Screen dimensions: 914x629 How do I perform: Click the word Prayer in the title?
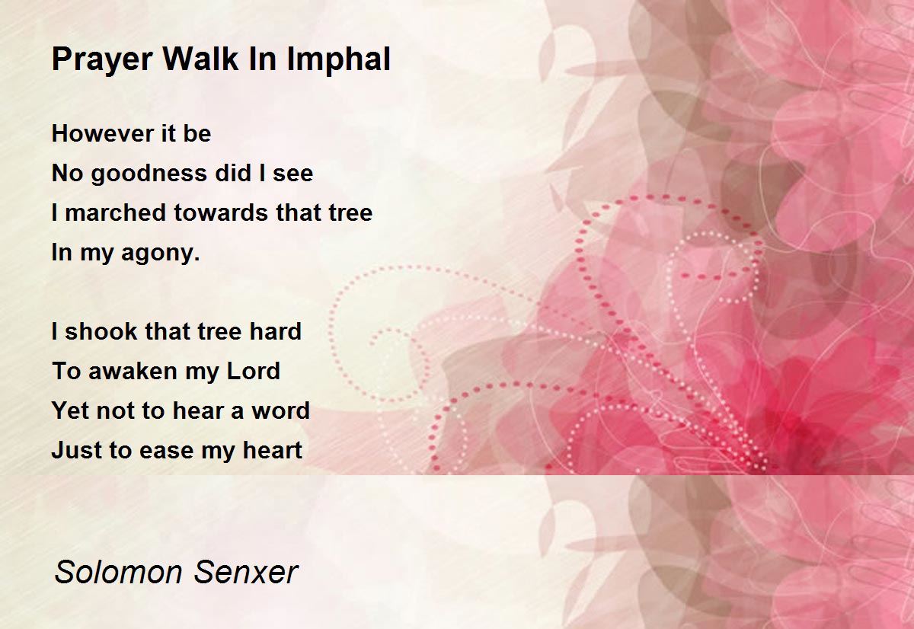pos(102,60)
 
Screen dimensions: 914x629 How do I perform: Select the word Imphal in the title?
pos(339,60)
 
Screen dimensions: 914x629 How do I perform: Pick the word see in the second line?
pos(293,174)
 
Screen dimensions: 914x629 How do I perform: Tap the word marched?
pos(116,212)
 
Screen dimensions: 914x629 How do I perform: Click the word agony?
pos(161,254)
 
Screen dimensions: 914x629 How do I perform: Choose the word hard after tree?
pos(276,330)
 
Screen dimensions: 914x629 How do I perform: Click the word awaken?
pos(133,371)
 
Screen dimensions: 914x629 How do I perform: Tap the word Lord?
pos(254,371)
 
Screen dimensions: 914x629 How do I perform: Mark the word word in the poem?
pos(281,410)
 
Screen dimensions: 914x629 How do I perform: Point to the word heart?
pos(272,450)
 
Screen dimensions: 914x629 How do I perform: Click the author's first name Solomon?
pos(118,573)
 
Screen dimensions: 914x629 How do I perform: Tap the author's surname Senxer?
pos(245,573)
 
